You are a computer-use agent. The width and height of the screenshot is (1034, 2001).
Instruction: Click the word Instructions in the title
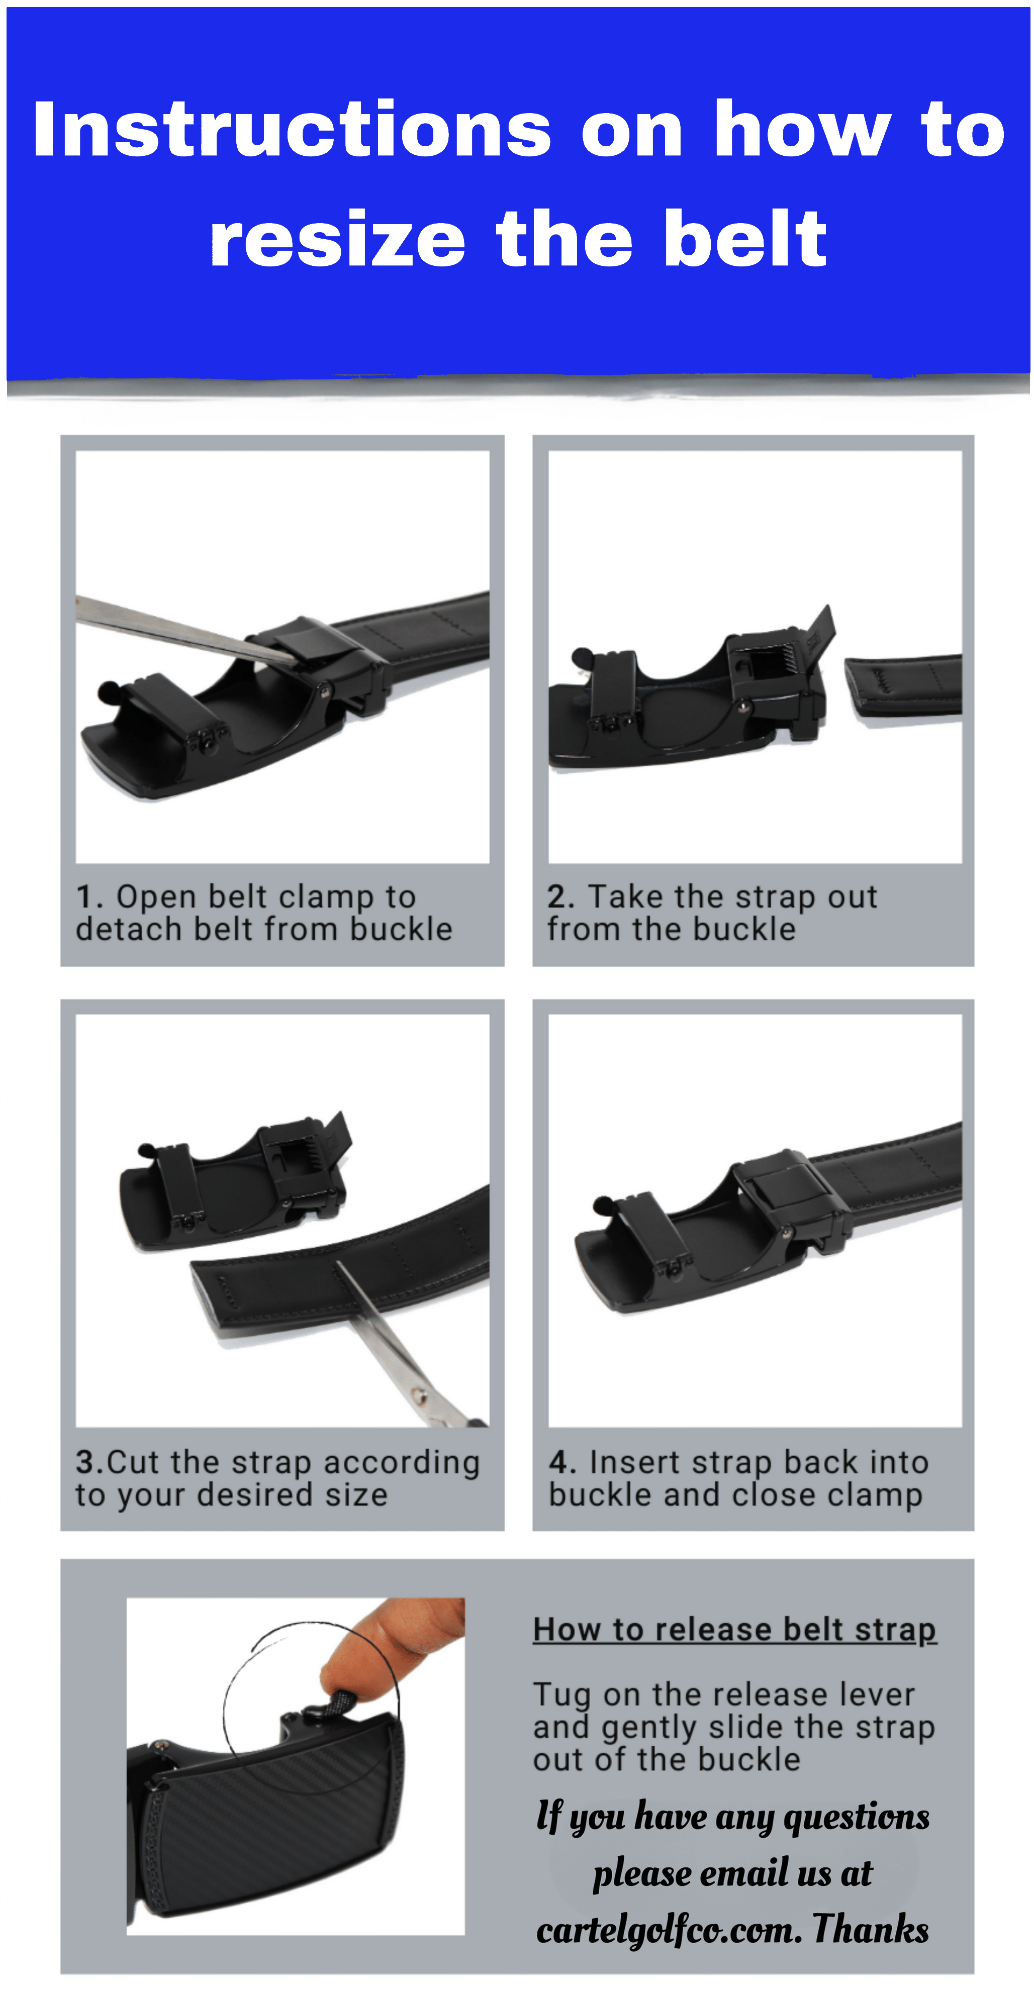(x=292, y=130)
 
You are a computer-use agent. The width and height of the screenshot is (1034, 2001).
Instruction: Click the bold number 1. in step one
(x=90, y=897)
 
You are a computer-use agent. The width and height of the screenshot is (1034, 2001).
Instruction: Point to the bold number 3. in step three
(x=89, y=1463)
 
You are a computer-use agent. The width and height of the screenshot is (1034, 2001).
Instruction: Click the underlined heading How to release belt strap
(x=734, y=1629)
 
